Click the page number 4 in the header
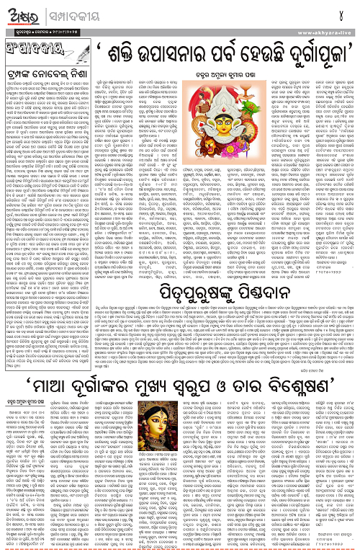point(348,12)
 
